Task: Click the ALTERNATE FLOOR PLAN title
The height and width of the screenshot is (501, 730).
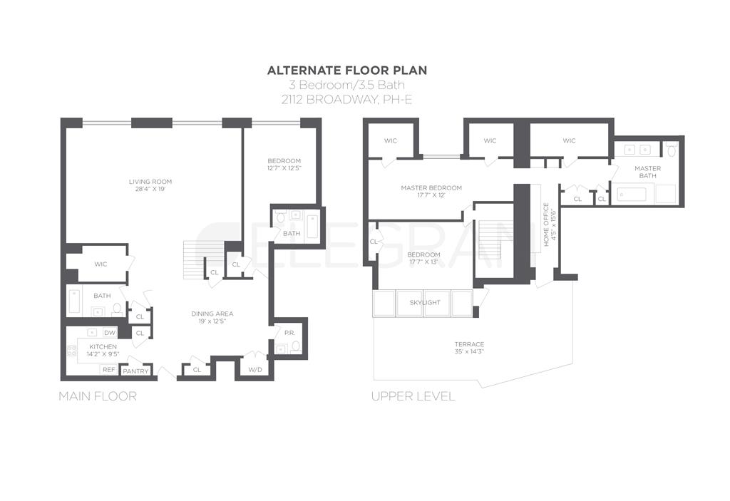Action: point(347,70)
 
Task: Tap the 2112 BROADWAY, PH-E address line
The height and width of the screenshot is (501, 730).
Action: point(347,99)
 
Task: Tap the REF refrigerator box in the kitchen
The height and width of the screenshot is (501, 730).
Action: point(108,369)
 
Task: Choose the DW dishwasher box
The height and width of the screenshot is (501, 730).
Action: point(110,333)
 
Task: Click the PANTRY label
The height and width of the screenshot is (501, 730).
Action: point(135,371)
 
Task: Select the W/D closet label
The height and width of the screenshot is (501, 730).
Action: point(255,369)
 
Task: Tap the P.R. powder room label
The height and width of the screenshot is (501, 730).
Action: point(289,333)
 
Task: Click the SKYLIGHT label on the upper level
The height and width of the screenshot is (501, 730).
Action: point(425,302)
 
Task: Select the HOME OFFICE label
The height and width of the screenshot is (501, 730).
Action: point(547,225)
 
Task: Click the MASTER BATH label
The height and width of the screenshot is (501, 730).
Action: point(648,172)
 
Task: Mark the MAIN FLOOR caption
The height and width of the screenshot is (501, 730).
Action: point(97,396)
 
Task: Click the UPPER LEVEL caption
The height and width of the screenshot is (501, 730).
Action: point(413,396)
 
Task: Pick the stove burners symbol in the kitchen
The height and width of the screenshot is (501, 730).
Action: point(71,350)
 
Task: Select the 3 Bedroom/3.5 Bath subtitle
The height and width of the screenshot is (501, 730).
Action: point(347,85)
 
